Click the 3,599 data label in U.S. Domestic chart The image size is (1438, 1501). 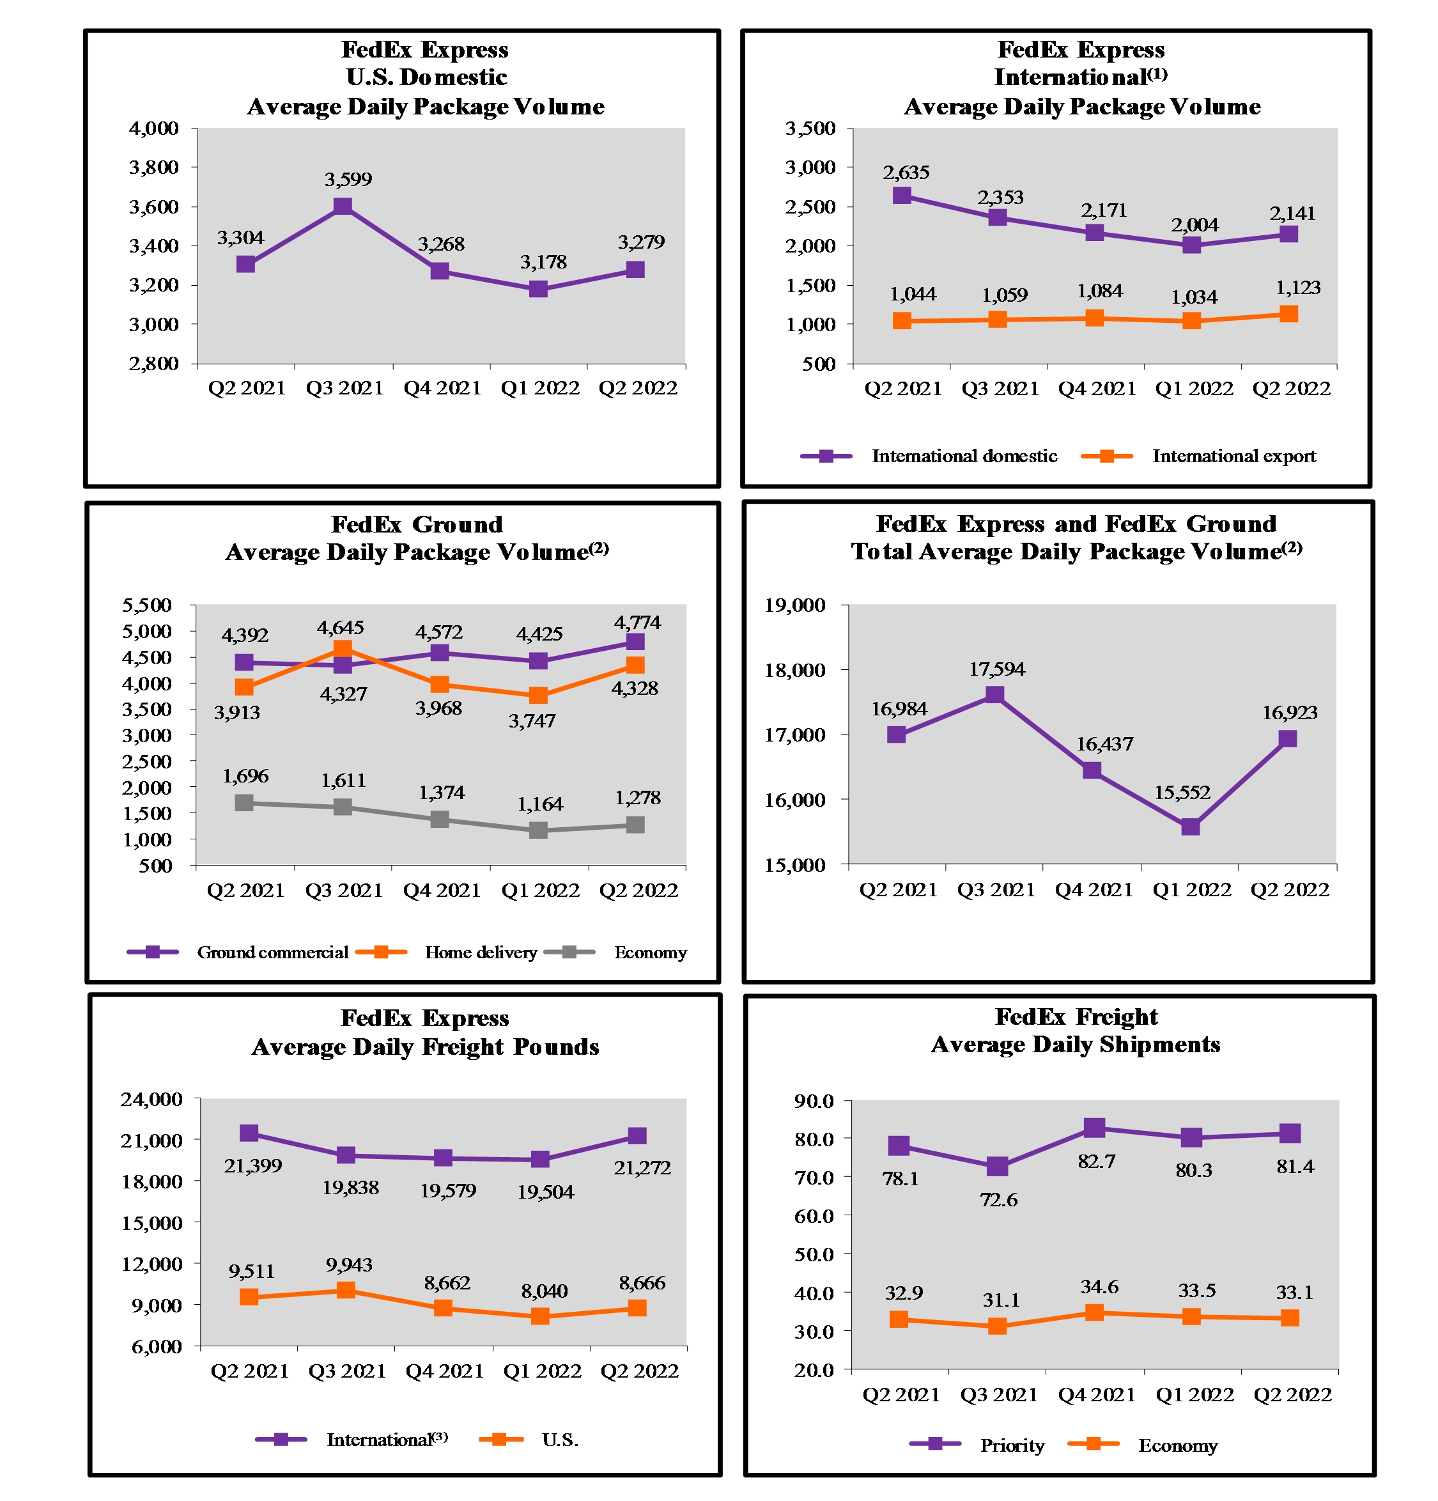coord(348,179)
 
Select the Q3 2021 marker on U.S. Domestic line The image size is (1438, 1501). coord(343,206)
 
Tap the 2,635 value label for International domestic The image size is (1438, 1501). coord(905,173)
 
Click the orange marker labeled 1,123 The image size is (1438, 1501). coord(1288,314)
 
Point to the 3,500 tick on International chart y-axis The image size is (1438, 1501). coord(810,128)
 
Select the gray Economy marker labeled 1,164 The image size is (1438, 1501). coord(537,830)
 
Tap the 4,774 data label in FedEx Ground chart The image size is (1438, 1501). coord(637,622)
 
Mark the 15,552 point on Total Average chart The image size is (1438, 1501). coord(1189,827)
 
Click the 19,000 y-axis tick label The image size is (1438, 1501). coord(795,605)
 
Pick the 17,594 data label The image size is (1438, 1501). coord(996,669)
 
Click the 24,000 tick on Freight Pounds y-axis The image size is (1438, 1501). coord(151,1099)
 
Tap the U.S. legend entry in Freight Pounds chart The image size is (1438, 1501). coord(559,1440)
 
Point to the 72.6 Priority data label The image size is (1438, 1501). coord(998,1199)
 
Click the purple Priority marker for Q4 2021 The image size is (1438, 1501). coord(1094,1127)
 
